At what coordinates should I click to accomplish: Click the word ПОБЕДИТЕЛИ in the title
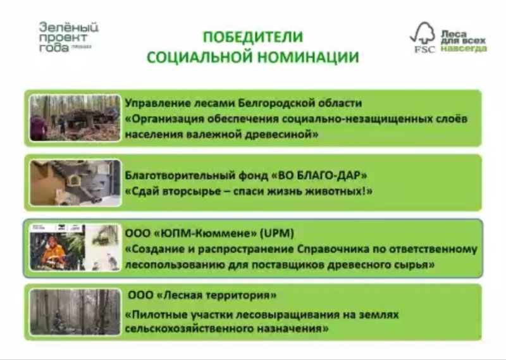point(253,37)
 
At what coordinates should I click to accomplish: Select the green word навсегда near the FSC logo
point(464,49)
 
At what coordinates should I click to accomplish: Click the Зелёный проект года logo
point(68,37)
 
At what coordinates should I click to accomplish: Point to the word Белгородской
point(276,103)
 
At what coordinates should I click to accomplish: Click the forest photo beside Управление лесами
point(75,118)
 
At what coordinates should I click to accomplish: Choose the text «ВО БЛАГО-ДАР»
point(319,175)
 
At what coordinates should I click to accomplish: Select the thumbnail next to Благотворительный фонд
point(75,183)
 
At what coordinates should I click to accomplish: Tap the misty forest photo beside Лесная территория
point(75,312)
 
